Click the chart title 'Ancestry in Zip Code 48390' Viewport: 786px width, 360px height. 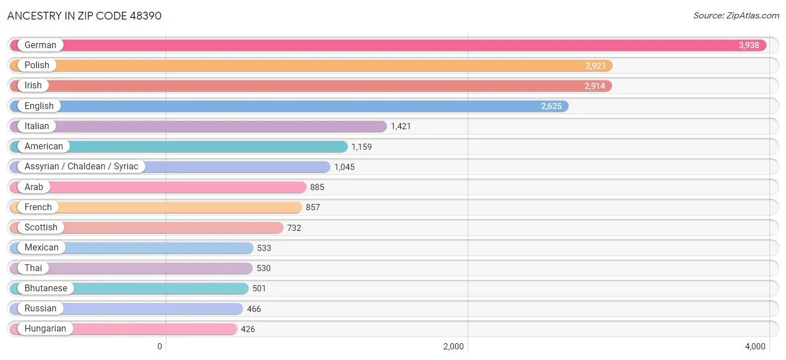coord(84,16)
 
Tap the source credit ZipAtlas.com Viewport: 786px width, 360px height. coord(736,16)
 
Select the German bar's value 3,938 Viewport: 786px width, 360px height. coord(749,45)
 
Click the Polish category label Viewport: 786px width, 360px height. coord(37,65)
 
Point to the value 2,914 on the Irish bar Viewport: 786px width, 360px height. coord(595,86)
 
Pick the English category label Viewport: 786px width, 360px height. coord(39,106)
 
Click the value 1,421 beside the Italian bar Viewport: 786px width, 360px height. coord(401,126)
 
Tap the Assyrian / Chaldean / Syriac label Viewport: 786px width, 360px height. coord(81,167)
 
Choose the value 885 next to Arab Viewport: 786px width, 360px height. coord(317,187)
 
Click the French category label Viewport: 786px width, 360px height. coord(38,207)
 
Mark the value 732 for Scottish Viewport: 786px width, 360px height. coord(294,228)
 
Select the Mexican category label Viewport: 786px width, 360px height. coord(41,248)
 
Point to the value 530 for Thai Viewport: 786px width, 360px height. coord(263,268)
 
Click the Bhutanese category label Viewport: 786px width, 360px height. coord(46,288)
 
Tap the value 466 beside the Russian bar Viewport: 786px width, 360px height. coord(254,309)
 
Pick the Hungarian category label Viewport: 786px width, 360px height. coord(45,329)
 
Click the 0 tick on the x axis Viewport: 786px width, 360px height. coord(159,347)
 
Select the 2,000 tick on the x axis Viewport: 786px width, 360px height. coord(453,347)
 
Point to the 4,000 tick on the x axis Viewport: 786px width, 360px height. coord(755,347)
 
